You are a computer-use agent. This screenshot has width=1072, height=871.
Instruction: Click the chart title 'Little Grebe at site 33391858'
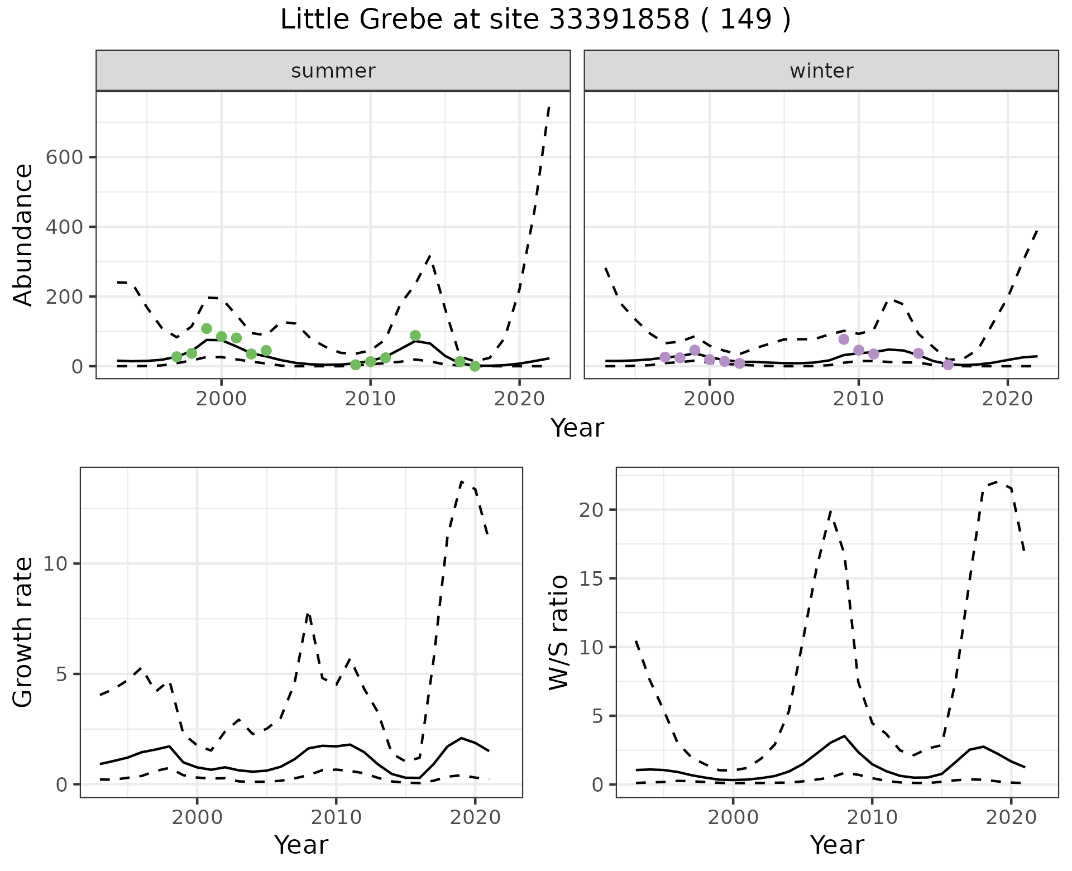tap(535, 20)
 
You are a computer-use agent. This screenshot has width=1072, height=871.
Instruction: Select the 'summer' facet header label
tap(333, 71)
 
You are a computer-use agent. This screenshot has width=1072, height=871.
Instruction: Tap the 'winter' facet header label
tap(821, 71)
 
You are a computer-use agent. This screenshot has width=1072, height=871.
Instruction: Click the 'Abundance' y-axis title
tap(23, 234)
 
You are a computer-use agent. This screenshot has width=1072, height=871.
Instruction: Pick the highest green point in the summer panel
tap(207, 328)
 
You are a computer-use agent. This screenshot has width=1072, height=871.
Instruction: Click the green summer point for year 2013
tap(415, 336)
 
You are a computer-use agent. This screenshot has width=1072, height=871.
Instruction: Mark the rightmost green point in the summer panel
tap(475, 366)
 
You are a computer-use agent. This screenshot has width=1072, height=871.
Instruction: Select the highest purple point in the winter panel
tap(844, 339)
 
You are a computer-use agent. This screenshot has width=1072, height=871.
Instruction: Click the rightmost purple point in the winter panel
tap(948, 365)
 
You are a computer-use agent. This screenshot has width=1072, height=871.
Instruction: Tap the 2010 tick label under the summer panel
tap(370, 399)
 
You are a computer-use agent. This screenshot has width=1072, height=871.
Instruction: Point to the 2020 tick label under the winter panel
tap(1008, 399)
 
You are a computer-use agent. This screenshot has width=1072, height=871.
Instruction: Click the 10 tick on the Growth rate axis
tap(54, 564)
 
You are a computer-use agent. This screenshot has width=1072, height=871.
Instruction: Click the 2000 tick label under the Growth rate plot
tap(197, 817)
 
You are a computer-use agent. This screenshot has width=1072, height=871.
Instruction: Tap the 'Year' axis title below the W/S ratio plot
tap(837, 845)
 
